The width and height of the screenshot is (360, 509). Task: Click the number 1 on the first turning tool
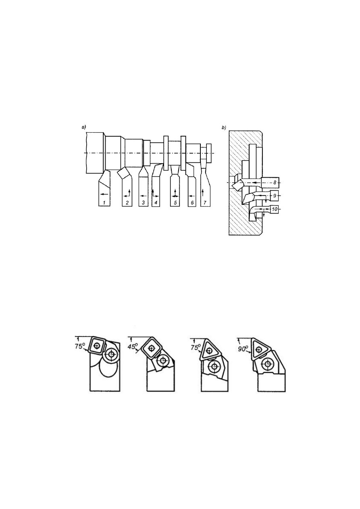[x=104, y=203]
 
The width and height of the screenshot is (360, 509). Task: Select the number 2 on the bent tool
[x=127, y=203]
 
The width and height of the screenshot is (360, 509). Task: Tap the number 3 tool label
[x=143, y=203]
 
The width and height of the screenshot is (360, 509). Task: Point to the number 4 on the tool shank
[x=156, y=203]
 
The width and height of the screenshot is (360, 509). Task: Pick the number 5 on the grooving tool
[x=175, y=203]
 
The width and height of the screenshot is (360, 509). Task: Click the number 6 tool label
[x=192, y=203]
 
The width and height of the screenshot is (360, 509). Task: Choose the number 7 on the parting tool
[x=205, y=203]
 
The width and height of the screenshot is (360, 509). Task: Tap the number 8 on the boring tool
[x=275, y=182]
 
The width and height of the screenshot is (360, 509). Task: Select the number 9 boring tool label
[x=275, y=195]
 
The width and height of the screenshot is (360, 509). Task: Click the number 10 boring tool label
[x=275, y=209]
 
